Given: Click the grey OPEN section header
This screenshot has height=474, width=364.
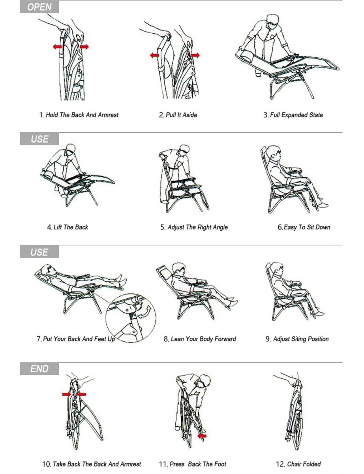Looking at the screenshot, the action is pos(39,7).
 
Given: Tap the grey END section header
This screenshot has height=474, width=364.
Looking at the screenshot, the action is pos(39,369).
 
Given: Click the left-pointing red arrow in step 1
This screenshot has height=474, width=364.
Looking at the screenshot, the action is pos(58,47).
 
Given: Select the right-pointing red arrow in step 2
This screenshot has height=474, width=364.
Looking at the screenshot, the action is pos(195,55).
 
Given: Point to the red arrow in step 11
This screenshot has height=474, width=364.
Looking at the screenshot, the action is pos(202,436).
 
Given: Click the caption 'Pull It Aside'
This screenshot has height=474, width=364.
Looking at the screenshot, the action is pos(181,115).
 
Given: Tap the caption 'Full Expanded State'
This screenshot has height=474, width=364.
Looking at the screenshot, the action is pos(296,115).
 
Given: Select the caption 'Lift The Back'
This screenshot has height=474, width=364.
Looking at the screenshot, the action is pos(71,227).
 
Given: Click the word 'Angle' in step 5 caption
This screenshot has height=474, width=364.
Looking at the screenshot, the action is pos(219,227).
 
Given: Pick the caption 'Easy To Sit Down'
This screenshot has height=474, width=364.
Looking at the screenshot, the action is pos(307,227).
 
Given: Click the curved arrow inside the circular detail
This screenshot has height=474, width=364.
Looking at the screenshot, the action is pos(146,312).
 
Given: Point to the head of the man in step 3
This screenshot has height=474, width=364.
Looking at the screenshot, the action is pos(273,22).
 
